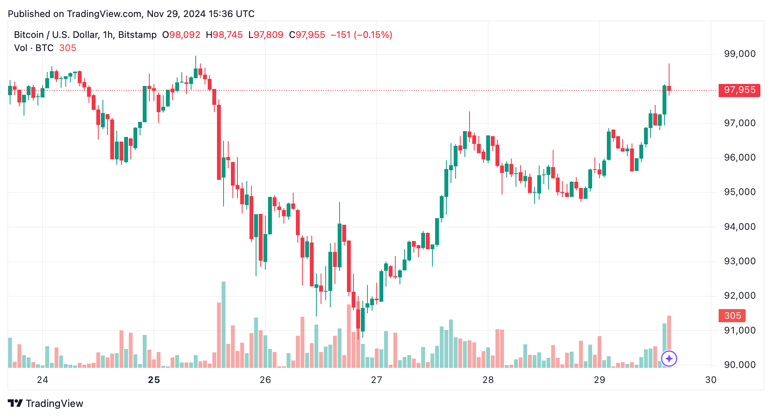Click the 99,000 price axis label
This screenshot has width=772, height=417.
coord(740,54)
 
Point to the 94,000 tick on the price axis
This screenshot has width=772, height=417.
coord(740,227)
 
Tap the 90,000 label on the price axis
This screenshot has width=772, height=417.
coord(740,365)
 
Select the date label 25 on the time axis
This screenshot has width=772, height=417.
coord(154,380)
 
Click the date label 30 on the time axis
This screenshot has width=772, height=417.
coord(711,380)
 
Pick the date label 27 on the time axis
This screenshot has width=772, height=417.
coord(376,380)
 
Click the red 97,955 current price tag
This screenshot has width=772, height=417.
coord(739,90)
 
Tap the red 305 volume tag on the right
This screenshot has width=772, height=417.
coord(732,316)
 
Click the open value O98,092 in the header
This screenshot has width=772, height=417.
coord(181,35)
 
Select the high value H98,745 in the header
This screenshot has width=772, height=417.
coord(224,35)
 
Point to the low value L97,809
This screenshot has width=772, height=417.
coord(266,35)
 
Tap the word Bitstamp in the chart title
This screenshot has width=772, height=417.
coord(137,35)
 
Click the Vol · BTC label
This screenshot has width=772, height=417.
coord(34,48)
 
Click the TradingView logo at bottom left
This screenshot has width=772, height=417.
coord(46,403)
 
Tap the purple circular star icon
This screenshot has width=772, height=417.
coord(669,359)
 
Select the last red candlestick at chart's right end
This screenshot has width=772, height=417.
coord(669,88)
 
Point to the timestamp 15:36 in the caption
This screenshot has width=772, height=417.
coord(220,14)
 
